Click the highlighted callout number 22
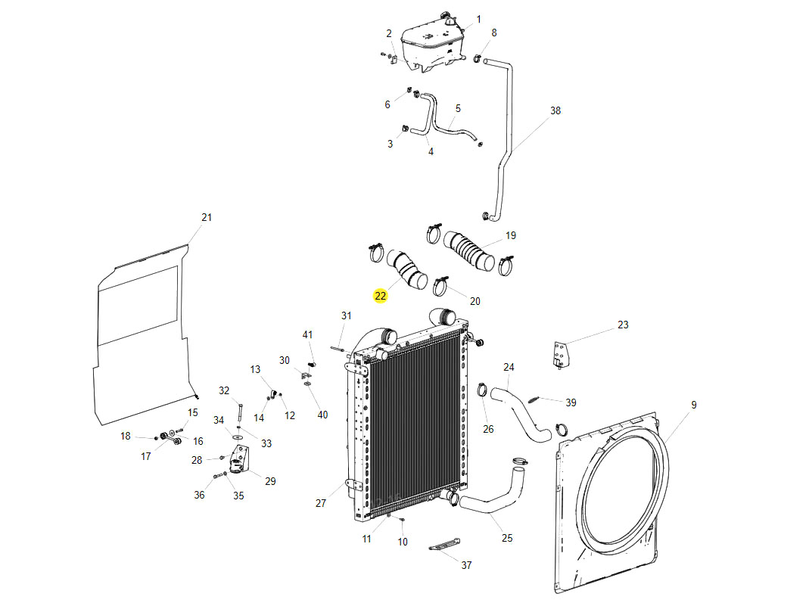380,296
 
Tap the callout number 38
555,110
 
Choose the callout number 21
207,217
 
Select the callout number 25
507,538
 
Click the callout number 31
347,315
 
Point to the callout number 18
126,436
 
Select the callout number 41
308,334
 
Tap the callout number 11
367,539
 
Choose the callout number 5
458,109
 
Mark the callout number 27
321,503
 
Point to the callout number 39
571,402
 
